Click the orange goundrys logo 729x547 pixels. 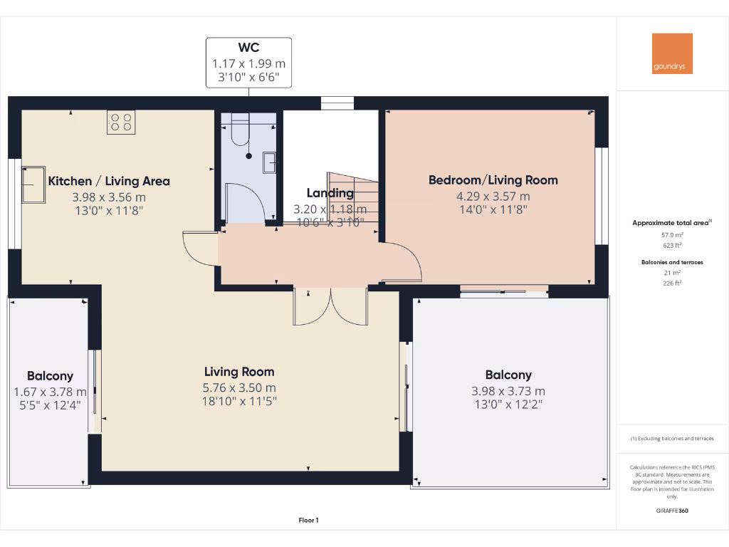(672, 53)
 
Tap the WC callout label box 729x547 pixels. (248, 63)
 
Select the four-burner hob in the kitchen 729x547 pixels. (121, 122)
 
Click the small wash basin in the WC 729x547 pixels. (270, 162)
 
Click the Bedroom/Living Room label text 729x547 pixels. (493, 180)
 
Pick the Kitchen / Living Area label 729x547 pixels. (109, 181)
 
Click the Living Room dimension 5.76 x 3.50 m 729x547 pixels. (239, 387)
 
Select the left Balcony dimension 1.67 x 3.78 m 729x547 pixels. (50, 392)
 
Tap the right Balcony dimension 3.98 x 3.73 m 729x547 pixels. (508, 391)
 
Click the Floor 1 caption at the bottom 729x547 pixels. (308, 520)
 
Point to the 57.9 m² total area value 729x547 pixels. (672, 234)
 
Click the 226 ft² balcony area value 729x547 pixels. (672, 283)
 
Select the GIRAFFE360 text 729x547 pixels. (672, 511)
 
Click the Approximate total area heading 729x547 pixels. (671, 223)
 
